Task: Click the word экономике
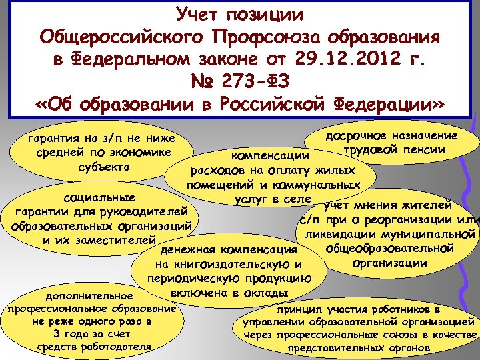[x=141, y=153]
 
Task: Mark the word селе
[x=296, y=198]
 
